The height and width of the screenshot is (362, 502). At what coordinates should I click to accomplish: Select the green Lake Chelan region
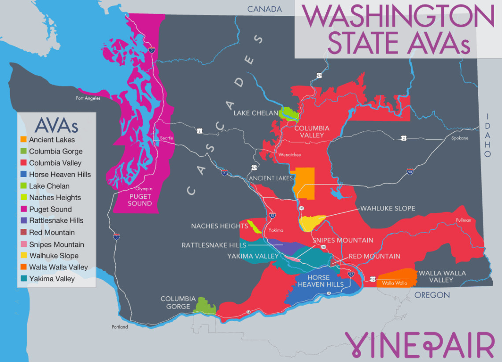[289, 114]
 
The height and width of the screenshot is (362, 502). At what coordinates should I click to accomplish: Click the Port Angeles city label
[88, 98]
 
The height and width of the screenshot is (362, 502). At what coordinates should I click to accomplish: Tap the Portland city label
[119, 327]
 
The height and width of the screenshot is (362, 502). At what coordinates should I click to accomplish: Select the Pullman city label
[463, 220]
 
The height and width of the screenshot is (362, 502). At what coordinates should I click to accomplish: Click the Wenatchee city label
[289, 155]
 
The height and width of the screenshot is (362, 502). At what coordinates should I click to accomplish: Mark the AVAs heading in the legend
[56, 126]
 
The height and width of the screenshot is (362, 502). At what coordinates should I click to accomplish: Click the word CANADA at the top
[264, 9]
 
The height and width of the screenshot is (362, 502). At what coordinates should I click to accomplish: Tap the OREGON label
[432, 295]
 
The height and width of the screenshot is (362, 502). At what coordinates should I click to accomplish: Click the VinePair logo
[419, 345]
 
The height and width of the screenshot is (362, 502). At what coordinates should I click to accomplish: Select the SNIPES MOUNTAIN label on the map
[343, 240]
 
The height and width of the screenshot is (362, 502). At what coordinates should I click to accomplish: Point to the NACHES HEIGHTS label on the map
[219, 226]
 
